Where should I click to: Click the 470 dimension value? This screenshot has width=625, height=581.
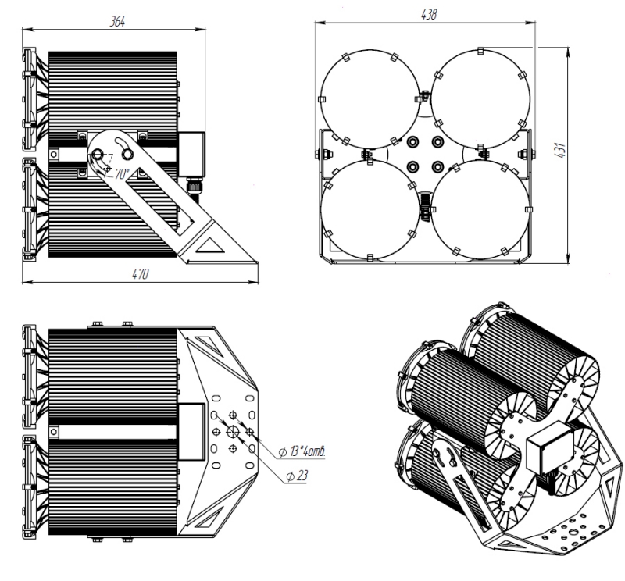(140, 273)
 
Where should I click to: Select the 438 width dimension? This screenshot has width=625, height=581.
(428, 15)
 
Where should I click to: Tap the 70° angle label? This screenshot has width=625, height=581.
(123, 174)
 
